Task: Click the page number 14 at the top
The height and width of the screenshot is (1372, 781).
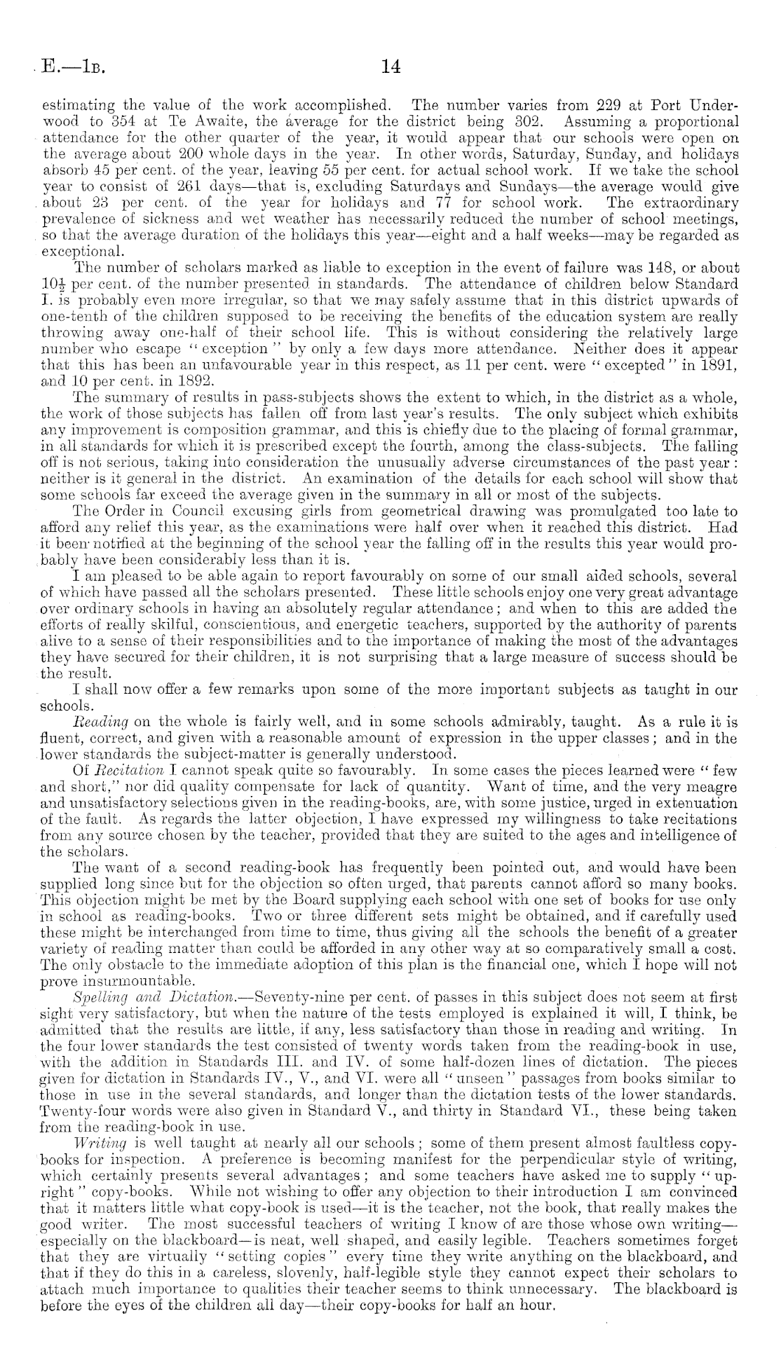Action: (x=390, y=67)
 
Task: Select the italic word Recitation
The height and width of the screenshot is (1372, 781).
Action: (x=127, y=771)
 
